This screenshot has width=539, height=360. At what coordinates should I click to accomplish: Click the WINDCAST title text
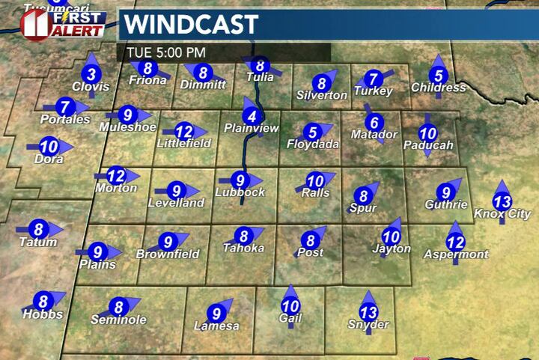[x=190, y=24]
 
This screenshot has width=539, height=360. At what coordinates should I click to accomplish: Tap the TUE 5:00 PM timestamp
[x=165, y=53]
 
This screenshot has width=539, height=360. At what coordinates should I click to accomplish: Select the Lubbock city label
[x=240, y=192]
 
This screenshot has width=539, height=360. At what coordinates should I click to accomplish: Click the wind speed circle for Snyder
[x=368, y=312]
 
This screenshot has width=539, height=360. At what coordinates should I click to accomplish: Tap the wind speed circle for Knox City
[x=502, y=201]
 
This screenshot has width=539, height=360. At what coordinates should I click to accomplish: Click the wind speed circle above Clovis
[x=91, y=74]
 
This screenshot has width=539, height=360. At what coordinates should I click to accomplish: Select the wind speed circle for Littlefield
[x=183, y=132]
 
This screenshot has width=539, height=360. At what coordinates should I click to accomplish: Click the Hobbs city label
[x=43, y=314]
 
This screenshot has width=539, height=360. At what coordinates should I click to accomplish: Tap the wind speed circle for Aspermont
[x=455, y=242]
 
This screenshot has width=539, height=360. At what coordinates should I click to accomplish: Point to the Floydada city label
[x=313, y=144]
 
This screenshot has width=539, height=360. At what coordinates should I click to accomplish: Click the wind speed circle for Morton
[x=116, y=177]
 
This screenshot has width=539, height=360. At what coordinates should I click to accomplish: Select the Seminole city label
[x=118, y=320]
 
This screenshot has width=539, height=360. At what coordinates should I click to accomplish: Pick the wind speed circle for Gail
[x=290, y=305]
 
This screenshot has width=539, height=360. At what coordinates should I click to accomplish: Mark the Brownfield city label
[x=168, y=254]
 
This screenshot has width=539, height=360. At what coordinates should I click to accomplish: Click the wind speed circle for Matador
[x=374, y=123]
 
